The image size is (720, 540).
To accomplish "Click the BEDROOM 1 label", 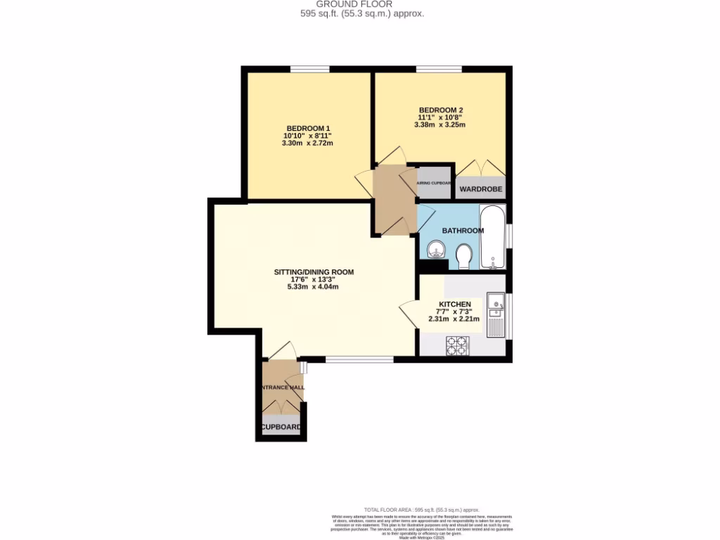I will coord(307,128).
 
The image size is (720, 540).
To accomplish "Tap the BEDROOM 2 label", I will coord(440,110).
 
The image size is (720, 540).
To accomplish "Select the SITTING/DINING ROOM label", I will coord(314,271).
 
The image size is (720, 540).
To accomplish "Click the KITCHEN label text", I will coord(454,304).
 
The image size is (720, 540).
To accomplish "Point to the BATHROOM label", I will coord(462,231).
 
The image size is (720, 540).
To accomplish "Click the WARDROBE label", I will coord(481,190).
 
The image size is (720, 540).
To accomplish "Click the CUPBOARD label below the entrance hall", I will coord(281,427).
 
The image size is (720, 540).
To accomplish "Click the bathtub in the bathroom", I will coord(492,237).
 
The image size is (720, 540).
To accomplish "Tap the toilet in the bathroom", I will coord(463,256).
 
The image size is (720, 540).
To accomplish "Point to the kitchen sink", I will coord(496,307).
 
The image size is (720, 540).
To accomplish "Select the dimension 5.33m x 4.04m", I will coord(314,287).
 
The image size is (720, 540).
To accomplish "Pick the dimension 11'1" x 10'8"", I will coord(440,117).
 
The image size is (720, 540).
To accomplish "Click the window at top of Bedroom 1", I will coord(310,69).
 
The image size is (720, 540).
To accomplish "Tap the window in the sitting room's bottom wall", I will coord(359,359).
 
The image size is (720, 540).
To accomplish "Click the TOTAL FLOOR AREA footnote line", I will coord(421,509).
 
